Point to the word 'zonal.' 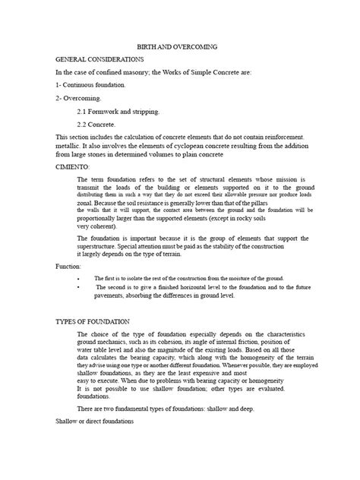tap(88, 205)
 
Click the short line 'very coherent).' tap(97, 226)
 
